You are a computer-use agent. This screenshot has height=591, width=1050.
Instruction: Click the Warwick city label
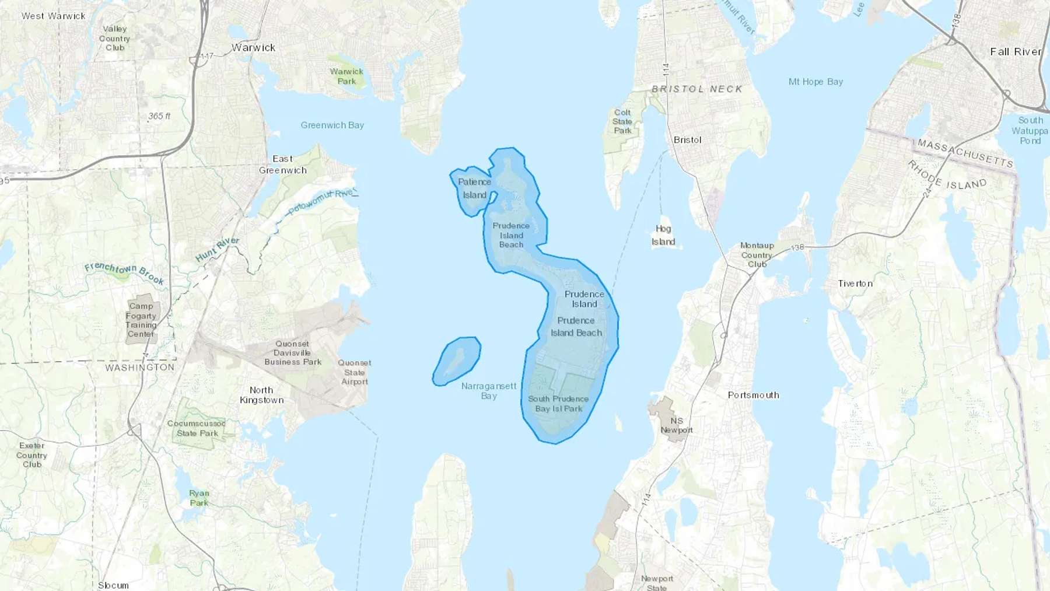point(253,48)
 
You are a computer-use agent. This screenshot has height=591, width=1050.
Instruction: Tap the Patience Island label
point(474,188)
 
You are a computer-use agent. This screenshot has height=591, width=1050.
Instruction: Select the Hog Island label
point(663,235)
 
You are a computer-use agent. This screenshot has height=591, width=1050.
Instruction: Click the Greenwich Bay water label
point(332,125)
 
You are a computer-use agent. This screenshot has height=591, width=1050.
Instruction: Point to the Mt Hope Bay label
point(815,82)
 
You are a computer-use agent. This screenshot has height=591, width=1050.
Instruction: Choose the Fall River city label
point(1016,52)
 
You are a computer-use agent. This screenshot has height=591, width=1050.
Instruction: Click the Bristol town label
point(687,140)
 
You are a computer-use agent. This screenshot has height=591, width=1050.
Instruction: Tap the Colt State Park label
point(622,121)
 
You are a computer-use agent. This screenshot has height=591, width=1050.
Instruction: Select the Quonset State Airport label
point(354,372)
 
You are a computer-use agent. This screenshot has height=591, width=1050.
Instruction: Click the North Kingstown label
point(261,395)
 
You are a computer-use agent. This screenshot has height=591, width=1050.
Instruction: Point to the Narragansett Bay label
point(489,390)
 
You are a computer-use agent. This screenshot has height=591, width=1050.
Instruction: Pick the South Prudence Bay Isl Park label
point(558,404)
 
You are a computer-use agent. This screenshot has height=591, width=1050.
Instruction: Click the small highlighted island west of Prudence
point(457,361)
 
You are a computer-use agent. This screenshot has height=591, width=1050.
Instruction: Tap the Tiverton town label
point(855,284)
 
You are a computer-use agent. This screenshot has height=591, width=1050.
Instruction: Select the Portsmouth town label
point(753,395)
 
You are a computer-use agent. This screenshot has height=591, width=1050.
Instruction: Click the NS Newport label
point(677,425)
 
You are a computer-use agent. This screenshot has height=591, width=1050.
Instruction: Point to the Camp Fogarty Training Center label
point(141,320)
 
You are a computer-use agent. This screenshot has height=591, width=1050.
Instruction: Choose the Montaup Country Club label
point(757,255)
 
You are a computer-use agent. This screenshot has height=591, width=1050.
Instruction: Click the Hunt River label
point(217,250)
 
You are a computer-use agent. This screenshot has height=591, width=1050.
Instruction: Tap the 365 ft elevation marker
point(159,116)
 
